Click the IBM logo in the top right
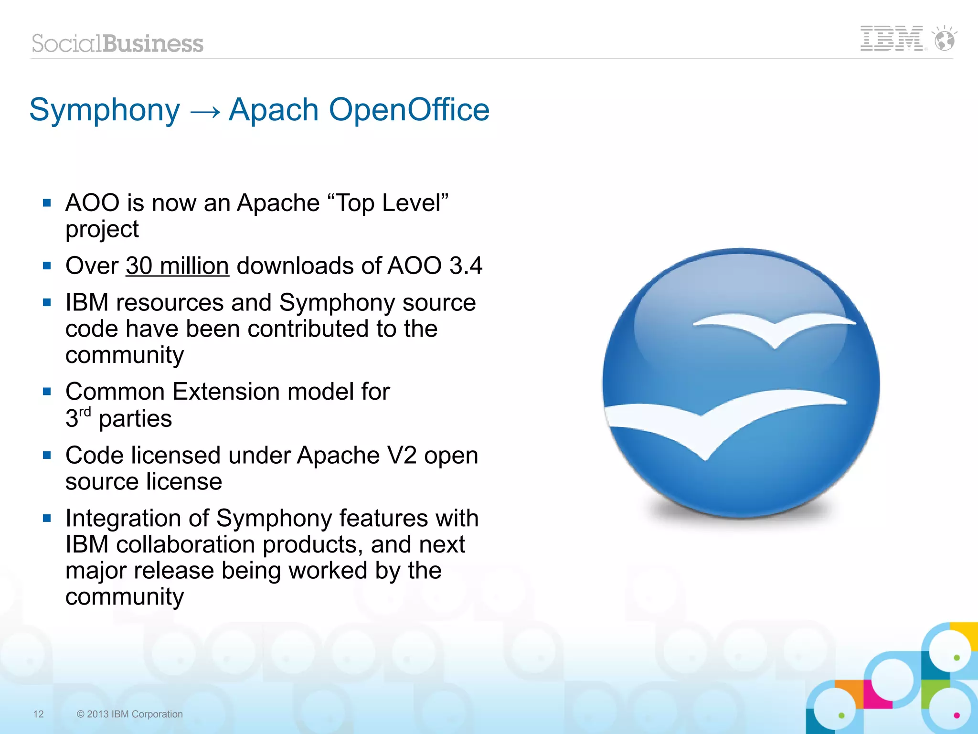pos(891,38)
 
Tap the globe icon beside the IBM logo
pos(944,39)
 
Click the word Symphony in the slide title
pos(105,110)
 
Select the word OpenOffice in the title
pos(409,110)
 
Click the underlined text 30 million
pos(177,266)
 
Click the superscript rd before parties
pos(85,412)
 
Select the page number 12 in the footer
pos(39,714)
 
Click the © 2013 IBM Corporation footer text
pos(129,714)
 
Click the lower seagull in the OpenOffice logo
pos(716,420)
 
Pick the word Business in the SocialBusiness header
pos(153,44)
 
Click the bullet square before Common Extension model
pos(47,392)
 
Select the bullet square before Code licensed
pos(47,455)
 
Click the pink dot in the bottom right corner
pos(956,715)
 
